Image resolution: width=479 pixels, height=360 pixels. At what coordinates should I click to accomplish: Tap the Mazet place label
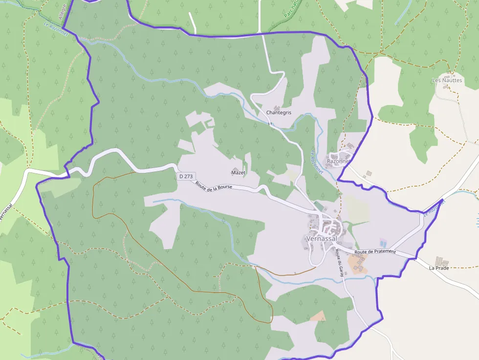(x=238, y=172)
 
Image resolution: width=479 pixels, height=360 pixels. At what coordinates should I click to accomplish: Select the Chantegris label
(x=279, y=112)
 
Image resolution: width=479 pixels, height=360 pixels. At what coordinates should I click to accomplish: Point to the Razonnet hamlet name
(x=338, y=161)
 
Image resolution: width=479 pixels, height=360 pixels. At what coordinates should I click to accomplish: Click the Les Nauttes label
(x=447, y=80)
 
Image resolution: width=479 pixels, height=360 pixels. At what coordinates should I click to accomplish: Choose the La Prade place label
(x=438, y=268)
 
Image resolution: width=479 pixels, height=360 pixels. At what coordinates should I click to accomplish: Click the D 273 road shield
(x=185, y=176)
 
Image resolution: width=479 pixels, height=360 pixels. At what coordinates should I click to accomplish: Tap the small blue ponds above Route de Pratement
(x=382, y=243)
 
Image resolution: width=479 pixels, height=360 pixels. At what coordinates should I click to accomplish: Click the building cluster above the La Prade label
(x=441, y=261)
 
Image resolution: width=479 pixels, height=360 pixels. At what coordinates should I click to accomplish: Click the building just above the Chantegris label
(x=277, y=108)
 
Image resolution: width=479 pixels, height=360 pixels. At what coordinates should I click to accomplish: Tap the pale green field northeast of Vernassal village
(x=357, y=209)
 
